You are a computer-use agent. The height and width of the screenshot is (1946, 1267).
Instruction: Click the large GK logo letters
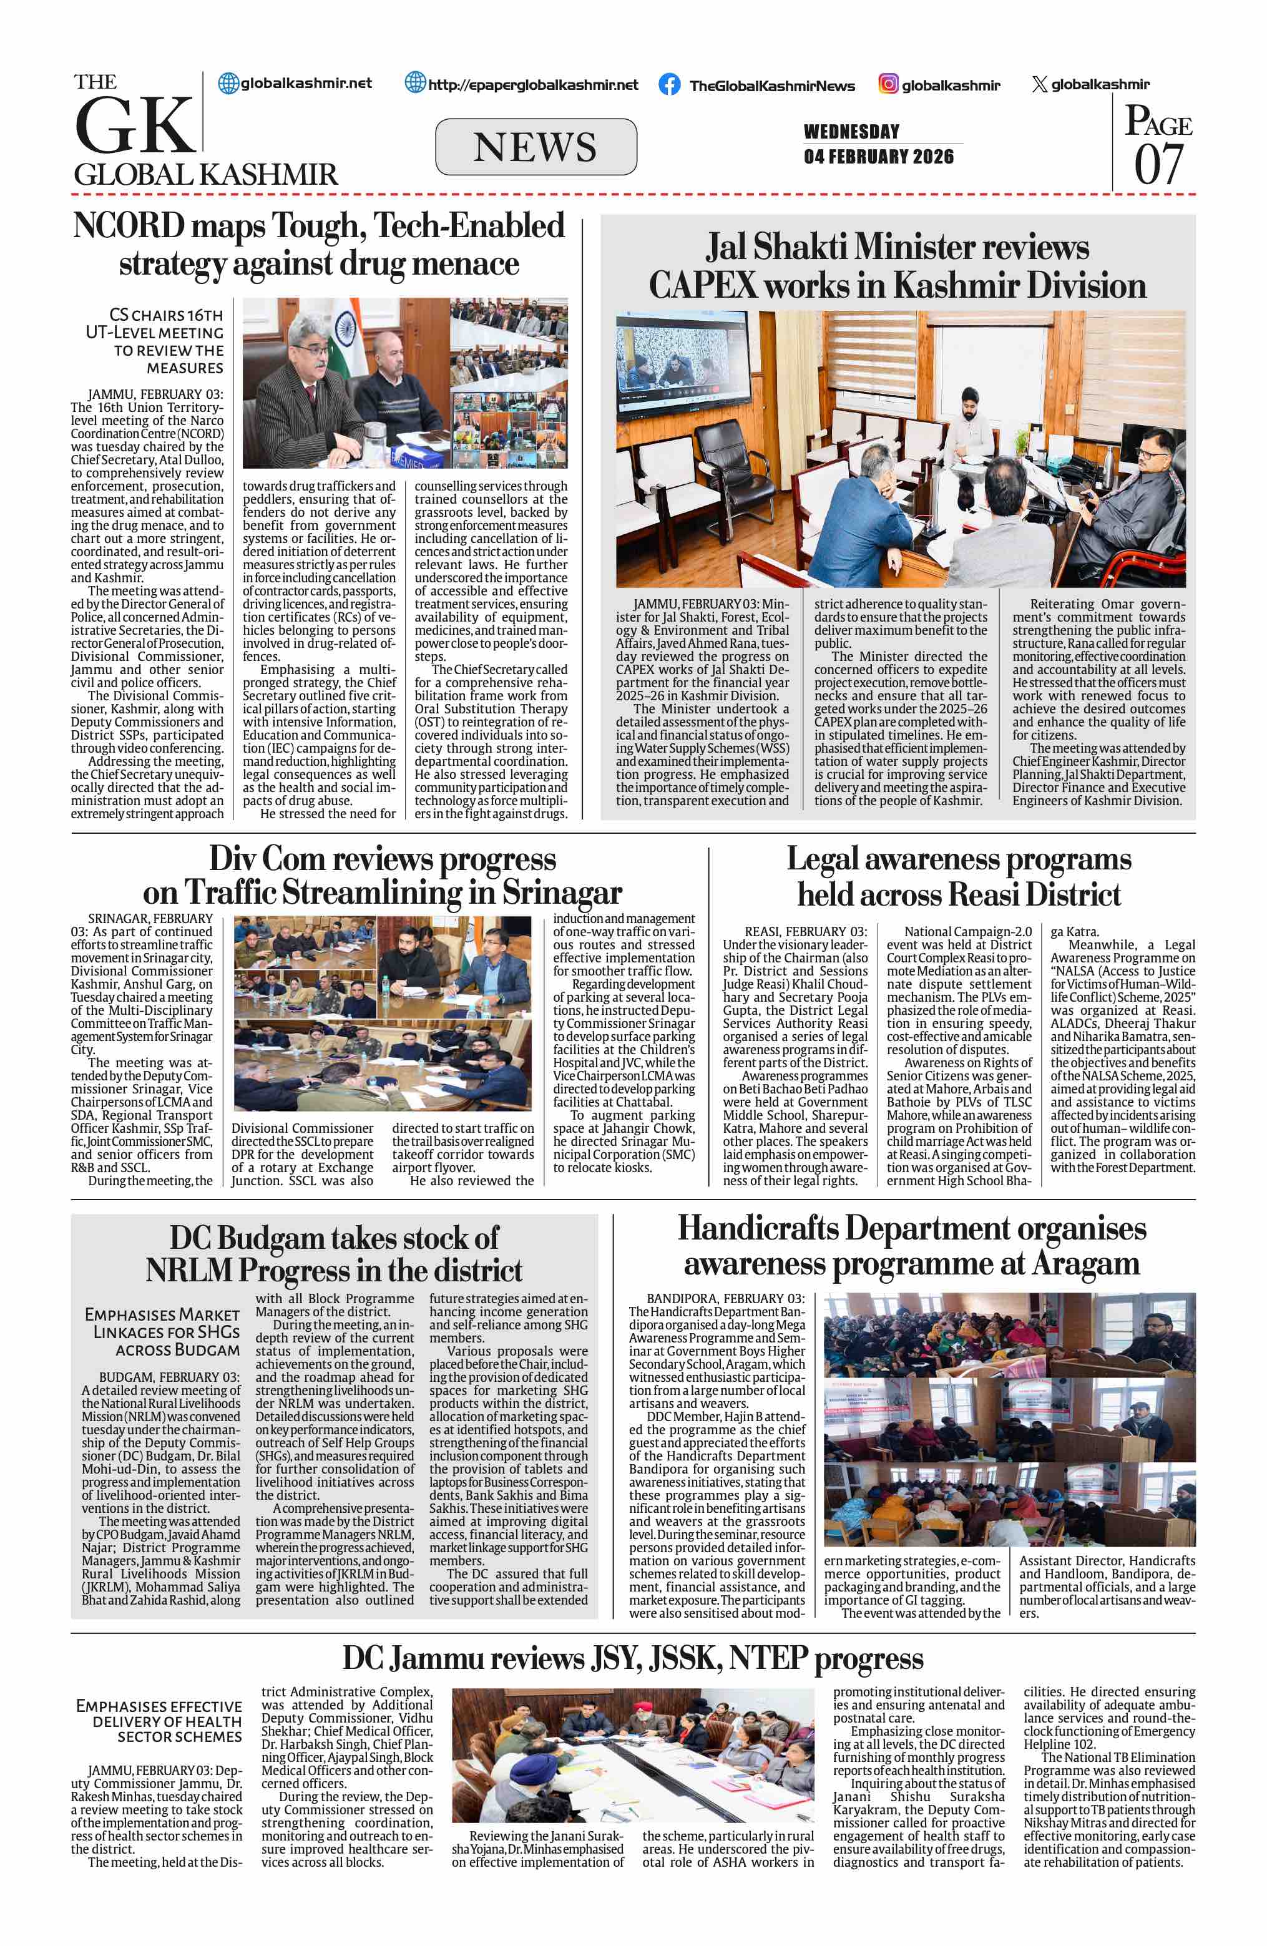pyautogui.click(x=135, y=125)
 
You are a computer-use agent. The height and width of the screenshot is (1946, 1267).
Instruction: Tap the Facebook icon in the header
pyautogui.click(x=668, y=85)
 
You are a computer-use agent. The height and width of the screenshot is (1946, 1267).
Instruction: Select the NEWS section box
pyautogui.click(x=536, y=147)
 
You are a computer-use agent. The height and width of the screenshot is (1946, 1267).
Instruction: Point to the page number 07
pyautogui.click(x=1158, y=164)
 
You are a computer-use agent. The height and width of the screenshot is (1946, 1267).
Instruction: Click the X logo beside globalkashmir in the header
pyautogui.click(x=1039, y=84)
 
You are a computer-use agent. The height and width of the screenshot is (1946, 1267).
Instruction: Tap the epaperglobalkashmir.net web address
pyautogui.click(x=533, y=84)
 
